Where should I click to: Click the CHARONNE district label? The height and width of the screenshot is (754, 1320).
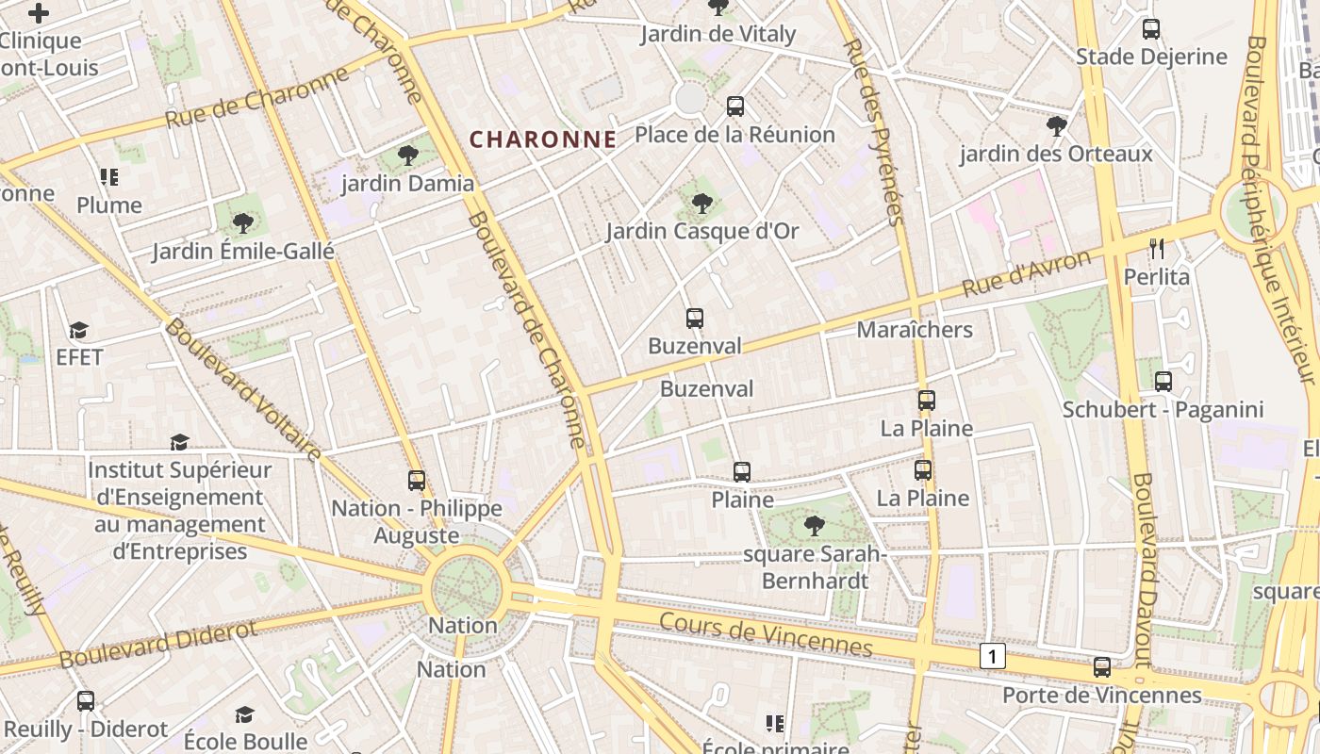coord(543,139)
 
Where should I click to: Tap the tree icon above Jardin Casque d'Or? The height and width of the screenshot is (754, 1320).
coord(701,203)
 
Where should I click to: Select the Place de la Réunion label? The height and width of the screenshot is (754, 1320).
coord(734,135)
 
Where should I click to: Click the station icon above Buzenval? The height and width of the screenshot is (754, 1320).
coord(695,319)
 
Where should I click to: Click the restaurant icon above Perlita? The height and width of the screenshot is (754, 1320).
coord(1157,249)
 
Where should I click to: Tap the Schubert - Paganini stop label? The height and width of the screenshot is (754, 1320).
coord(1163,410)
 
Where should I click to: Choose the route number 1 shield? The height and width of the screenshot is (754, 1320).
coord(992,656)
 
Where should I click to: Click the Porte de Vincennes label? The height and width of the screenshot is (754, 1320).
coord(1101,696)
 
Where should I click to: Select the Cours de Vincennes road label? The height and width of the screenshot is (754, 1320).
coord(766,634)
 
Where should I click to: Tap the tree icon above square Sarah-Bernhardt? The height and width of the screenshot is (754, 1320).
coord(814,526)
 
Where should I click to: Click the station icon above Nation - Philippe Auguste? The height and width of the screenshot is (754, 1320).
coord(417,481)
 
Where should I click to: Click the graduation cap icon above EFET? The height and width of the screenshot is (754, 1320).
coord(78,330)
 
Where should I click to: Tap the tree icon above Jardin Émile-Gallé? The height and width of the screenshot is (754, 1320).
coord(243,223)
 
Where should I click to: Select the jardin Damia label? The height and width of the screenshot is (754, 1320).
coord(407,184)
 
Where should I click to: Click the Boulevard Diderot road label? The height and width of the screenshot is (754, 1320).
coord(157,645)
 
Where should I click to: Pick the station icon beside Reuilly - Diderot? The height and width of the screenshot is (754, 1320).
coord(86,701)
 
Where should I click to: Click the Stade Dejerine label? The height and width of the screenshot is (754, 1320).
coord(1151,57)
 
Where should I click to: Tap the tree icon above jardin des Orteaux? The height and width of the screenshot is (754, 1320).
coord(1057,125)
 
